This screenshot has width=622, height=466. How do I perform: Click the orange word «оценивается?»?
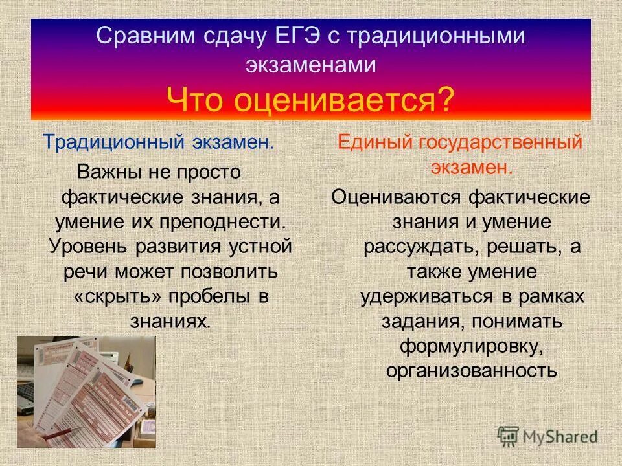point(347,100)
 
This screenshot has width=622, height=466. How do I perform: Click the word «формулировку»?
point(470,346)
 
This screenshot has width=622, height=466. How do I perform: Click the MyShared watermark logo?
point(547,436)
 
